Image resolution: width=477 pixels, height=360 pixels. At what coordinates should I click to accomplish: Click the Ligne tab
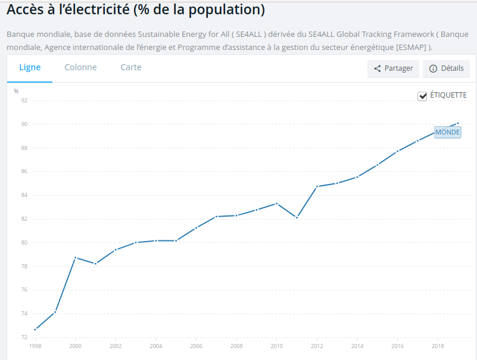30,67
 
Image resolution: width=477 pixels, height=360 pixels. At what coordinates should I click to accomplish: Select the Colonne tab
80,67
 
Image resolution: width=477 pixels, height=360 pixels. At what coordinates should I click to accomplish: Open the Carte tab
131,67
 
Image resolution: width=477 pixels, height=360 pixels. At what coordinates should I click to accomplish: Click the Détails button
446,68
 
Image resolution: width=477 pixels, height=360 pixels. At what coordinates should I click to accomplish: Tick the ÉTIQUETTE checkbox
423,96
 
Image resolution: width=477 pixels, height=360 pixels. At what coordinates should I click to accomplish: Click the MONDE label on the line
447,132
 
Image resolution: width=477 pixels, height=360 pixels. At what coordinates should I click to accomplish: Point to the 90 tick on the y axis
24,124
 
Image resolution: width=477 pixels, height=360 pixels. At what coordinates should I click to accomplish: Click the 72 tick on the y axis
24,337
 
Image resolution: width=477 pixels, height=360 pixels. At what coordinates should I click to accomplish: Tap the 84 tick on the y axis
24,195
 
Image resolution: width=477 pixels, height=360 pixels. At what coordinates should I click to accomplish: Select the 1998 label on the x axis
35,346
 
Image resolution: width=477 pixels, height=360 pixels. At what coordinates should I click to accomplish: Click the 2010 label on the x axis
276,346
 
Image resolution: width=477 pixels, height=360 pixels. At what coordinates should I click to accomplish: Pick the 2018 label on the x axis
437,346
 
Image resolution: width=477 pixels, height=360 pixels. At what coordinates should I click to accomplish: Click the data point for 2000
76,258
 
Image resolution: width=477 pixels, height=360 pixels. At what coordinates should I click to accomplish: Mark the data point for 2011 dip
297,217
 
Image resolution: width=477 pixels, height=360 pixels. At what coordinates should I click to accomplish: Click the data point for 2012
317,186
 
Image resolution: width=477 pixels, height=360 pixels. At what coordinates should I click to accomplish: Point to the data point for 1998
35,329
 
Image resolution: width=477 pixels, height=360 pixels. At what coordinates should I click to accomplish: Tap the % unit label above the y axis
16,91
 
